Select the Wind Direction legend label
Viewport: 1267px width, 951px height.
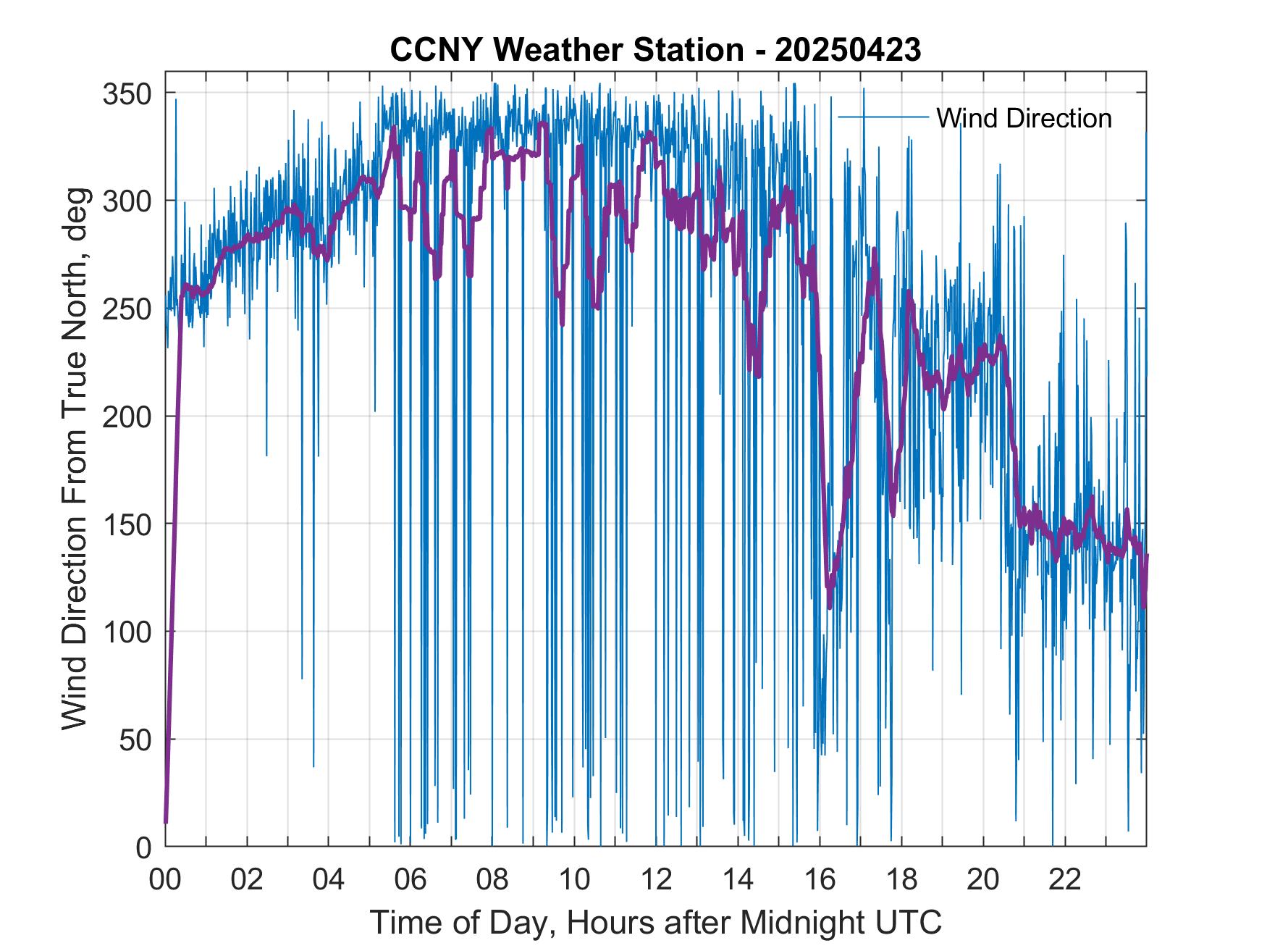point(1024,118)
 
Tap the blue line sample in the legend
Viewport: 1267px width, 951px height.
point(883,117)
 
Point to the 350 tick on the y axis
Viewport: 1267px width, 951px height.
point(129,93)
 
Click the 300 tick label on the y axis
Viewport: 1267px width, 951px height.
point(129,201)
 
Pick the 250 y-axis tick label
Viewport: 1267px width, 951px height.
point(129,309)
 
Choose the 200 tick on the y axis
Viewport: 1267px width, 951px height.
point(129,416)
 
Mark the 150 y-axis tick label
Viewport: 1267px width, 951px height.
point(129,524)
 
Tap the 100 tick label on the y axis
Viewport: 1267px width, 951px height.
point(129,632)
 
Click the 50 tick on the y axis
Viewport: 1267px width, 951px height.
point(137,740)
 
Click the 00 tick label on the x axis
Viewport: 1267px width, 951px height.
point(165,881)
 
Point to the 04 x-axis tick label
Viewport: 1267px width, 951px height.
point(329,881)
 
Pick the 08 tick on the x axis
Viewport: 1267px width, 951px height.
point(492,881)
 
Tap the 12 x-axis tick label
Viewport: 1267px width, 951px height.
point(656,881)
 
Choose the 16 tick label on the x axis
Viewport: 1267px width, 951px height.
point(820,881)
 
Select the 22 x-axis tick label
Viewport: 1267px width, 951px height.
point(1065,881)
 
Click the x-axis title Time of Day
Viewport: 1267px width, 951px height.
point(656,923)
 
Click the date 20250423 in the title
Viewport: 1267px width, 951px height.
point(848,50)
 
